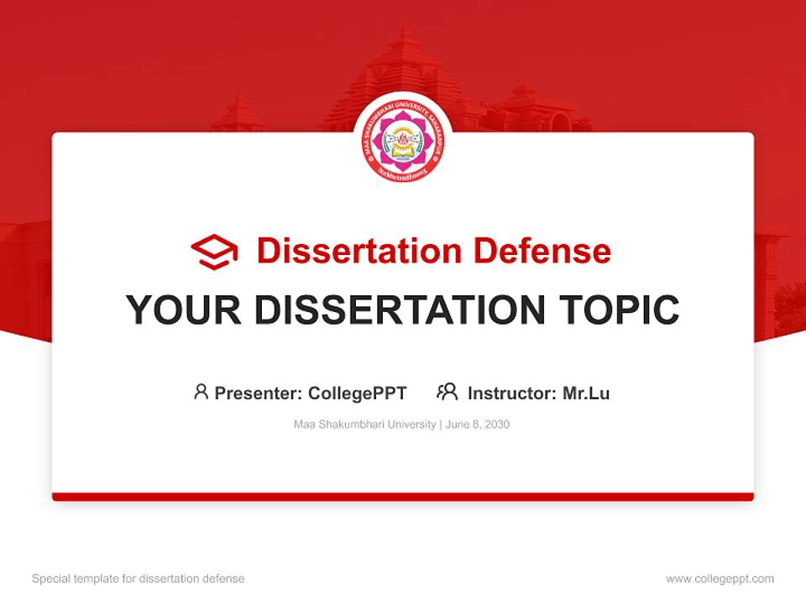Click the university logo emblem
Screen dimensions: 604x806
pyautogui.click(x=403, y=140)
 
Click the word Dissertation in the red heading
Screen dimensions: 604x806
pyautogui.click(x=359, y=251)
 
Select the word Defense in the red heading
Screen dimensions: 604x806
pyautogui.click(x=542, y=251)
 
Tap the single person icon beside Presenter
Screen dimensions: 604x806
pyautogui.click(x=201, y=392)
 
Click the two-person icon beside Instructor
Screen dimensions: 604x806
pyautogui.click(x=447, y=392)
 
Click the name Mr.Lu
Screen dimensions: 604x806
pyautogui.click(x=586, y=393)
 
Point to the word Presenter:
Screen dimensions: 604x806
pyautogui.click(x=259, y=393)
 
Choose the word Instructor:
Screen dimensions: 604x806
pyautogui.click(x=512, y=393)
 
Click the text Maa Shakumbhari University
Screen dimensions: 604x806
pyautogui.click(x=364, y=424)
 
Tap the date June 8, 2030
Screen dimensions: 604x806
pyautogui.click(x=478, y=424)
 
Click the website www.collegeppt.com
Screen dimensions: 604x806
pyautogui.click(x=720, y=579)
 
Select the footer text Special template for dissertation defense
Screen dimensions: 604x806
pyautogui.click(x=139, y=579)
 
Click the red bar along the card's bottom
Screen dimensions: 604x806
pyautogui.click(x=403, y=497)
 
